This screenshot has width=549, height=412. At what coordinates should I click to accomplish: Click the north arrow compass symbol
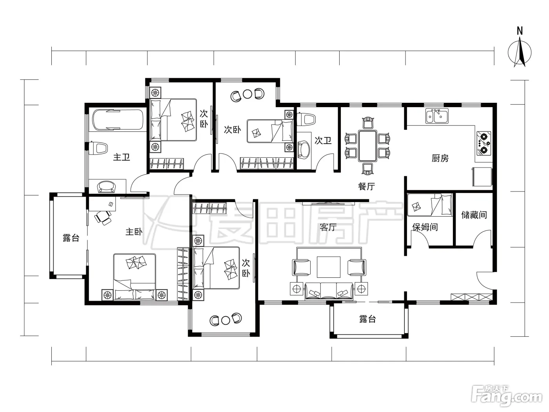520,52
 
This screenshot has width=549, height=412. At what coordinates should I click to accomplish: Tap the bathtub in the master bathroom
118,120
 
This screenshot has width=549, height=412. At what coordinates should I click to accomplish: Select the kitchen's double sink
437,116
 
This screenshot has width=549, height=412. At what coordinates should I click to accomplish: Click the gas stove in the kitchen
484,143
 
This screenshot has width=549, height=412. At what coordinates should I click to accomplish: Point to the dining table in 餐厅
367,146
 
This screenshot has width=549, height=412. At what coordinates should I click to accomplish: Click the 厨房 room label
440,158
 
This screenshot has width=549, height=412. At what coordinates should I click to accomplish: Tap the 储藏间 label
474,215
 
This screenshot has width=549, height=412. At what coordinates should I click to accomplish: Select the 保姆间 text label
425,227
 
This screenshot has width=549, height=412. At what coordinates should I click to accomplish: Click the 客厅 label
328,227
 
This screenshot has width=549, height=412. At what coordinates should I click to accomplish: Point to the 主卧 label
134,232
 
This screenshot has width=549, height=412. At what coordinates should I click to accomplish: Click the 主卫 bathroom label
122,157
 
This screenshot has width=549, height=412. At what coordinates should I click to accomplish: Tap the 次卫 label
323,140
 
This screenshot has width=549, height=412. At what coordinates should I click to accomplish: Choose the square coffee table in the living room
328,267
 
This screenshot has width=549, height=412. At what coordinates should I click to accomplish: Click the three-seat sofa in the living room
329,291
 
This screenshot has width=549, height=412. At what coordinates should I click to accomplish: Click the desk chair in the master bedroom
103,217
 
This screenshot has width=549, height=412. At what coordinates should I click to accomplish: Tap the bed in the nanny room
429,205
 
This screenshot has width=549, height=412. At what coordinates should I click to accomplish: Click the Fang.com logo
507,396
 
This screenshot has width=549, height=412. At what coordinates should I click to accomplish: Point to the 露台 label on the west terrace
71,238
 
